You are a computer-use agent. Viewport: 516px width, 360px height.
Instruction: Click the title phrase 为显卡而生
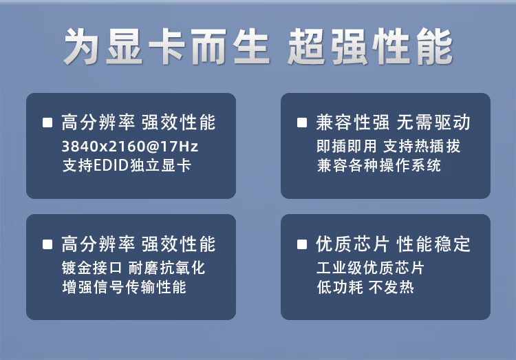click(x=166, y=46)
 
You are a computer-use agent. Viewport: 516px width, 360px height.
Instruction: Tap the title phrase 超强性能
click(x=371, y=46)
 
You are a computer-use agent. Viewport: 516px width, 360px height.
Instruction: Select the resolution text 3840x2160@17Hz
click(x=130, y=146)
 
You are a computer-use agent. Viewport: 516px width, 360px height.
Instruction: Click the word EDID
click(x=111, y=165)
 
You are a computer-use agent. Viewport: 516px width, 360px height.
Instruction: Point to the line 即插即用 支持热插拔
click(x=388, y=146)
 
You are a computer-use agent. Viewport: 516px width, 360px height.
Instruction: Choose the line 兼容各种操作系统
click(x=379, y=165)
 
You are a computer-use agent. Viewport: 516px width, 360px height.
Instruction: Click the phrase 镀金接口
click(x=92, y=268)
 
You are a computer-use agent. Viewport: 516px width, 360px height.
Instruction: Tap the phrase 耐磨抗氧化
click(x=166, y=268)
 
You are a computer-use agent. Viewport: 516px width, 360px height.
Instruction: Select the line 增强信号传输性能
click(x=124, y=287)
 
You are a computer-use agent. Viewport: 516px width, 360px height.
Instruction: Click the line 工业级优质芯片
click(x=370, y=268)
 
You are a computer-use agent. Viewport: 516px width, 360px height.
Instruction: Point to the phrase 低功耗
click(x=340, y=287)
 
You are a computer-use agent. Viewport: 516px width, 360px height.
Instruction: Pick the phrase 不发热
click(x=391, y=287)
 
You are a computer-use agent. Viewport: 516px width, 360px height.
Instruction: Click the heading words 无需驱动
click(x=433, y=123)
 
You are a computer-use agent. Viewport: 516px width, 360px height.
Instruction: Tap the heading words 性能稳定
click(x=433, y=244)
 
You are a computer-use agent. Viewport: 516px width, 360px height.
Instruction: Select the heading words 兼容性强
click(x=353, y=123)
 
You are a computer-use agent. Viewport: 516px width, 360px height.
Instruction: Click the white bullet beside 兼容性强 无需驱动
click(x=302, y=123)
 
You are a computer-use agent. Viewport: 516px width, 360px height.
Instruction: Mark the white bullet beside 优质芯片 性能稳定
click(x=302, y=244)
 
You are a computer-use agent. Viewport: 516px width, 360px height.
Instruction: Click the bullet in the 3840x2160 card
click(x=47, y=123)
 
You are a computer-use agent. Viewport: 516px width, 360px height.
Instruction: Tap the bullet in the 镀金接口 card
click(x=47, y=244)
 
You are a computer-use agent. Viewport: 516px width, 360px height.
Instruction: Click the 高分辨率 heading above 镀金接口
click(x=98, y=244)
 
